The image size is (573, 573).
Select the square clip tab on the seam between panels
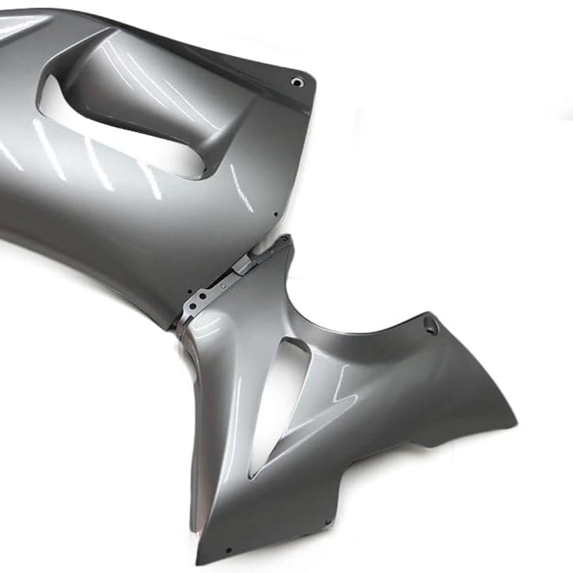click(x=241, y=264)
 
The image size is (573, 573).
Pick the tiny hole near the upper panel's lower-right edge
click(x=276, y=214)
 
